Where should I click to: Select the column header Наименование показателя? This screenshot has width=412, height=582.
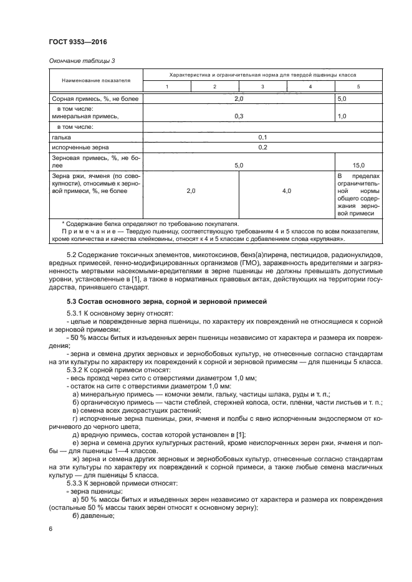pos(96,80)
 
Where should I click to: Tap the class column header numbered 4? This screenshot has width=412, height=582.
pos(310,86)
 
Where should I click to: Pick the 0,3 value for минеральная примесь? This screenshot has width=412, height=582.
pos(238,116)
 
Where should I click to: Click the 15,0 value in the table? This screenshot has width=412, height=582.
pos(358,165)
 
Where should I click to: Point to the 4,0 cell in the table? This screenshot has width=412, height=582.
pos(287,191)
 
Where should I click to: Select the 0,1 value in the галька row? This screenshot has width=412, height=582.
pos(262,137)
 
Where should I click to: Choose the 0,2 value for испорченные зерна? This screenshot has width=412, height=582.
pos(262,147)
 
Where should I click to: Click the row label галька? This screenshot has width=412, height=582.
pos(62,137)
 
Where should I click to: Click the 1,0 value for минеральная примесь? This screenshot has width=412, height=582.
pos(342,116)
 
